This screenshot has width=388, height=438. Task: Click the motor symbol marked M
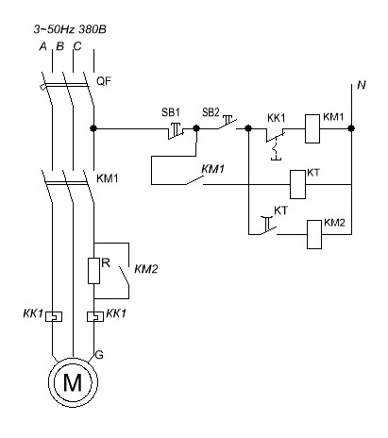coord(73,382)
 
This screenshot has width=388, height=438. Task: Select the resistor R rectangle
coord(93,271)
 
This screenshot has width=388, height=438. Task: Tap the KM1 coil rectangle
coord(312,129)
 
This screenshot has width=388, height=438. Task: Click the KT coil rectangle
coord(297,185)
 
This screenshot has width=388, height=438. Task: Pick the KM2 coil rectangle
coord(314,234)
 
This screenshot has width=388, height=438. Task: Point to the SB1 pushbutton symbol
coord(176,130)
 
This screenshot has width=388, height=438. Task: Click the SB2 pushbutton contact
coord(227,123)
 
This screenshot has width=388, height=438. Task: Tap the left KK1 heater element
coord(54,316)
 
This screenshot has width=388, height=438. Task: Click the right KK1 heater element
coord(95,316)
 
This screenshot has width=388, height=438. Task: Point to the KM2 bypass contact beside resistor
coord(125,276)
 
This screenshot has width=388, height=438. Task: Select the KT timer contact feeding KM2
coord(268,226)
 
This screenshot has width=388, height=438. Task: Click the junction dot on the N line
coord(351,128)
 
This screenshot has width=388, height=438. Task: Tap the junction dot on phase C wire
coord(93,128)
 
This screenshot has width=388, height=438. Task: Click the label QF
coord(104,81)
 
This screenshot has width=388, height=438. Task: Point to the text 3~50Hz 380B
coord(70,29)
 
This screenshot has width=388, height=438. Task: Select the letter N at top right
coord(362,85)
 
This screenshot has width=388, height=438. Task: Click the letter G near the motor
coord(99,355)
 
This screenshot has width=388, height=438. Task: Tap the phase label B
coord(59,46)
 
